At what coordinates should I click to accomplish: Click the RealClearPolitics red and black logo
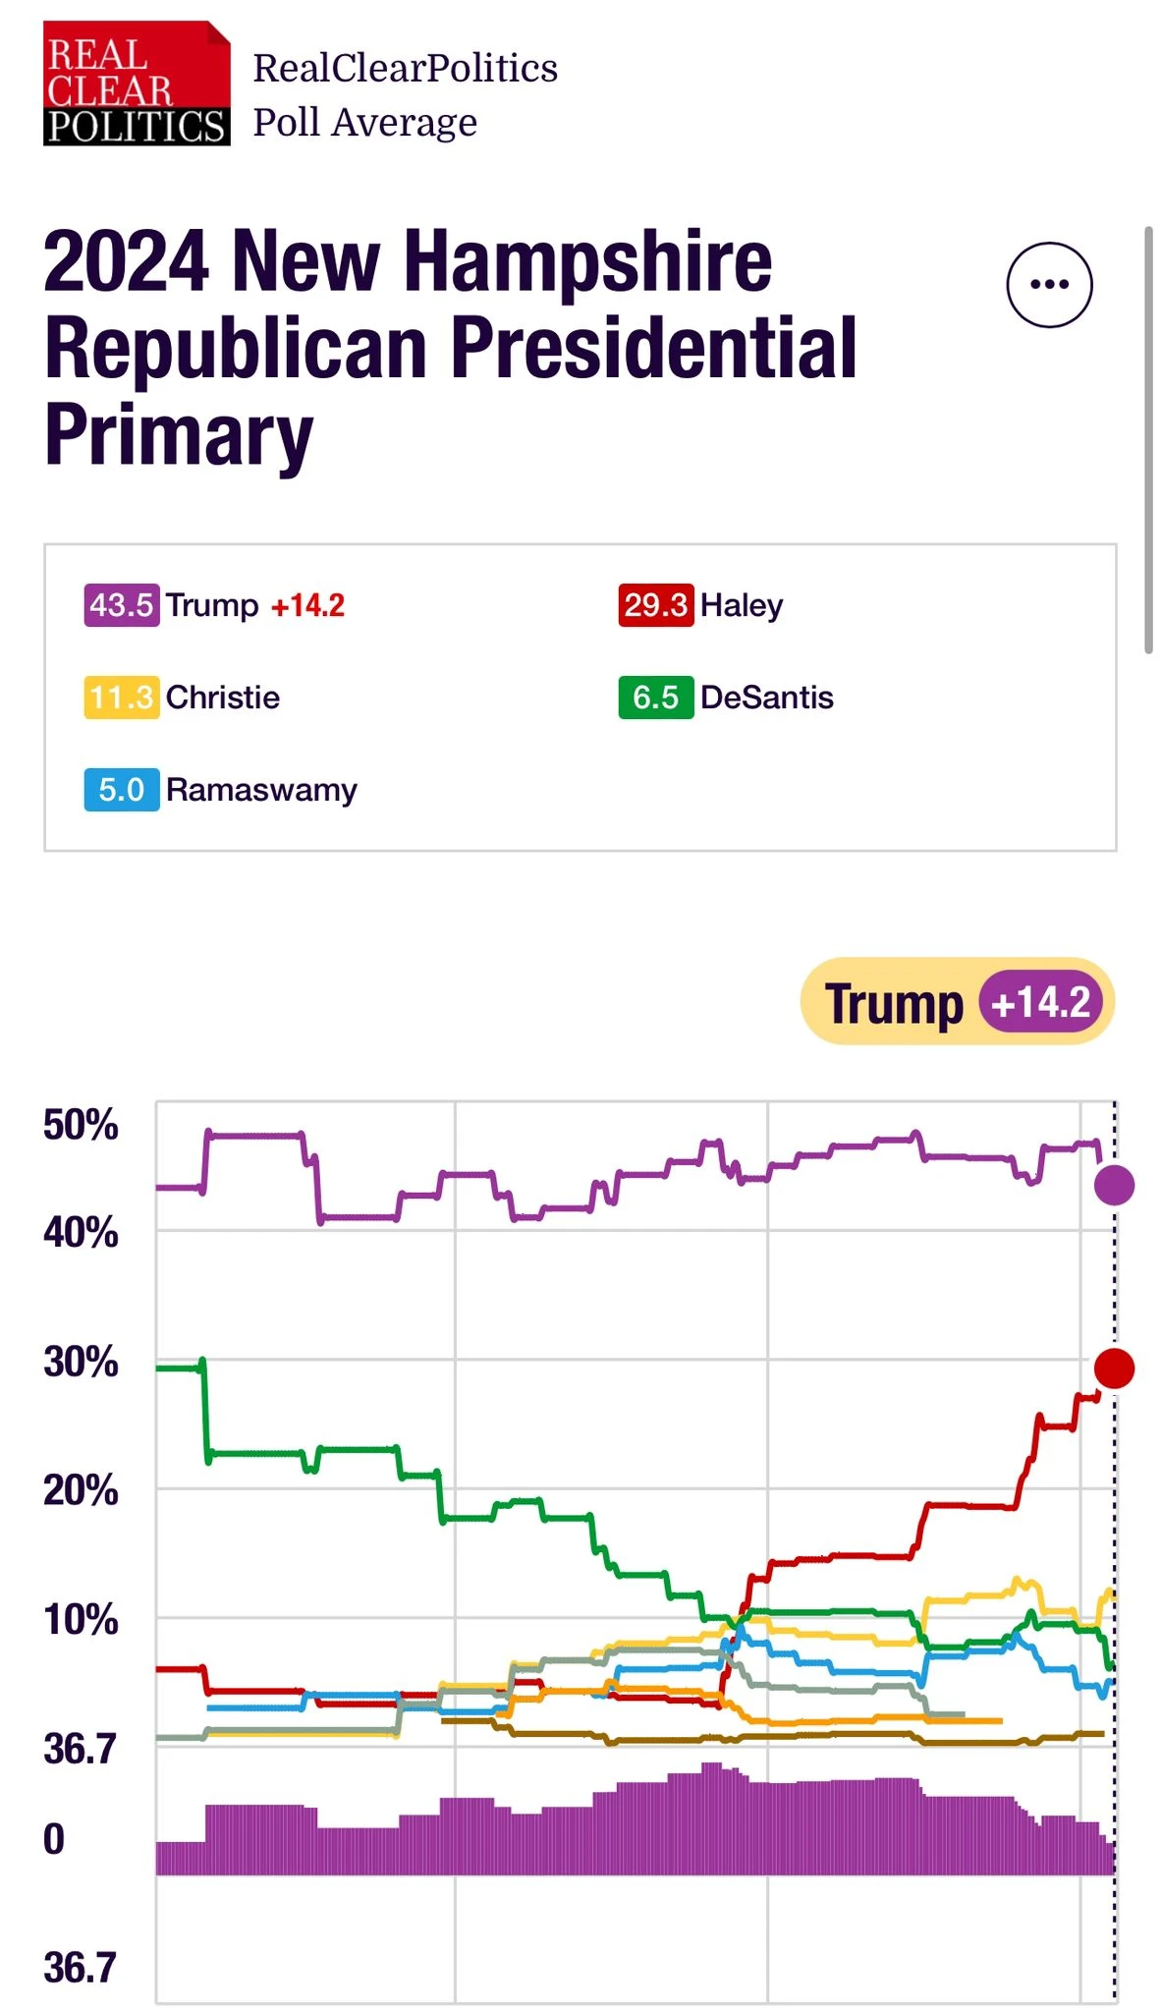pos(137,84)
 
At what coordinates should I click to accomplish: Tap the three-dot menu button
pos(1049,285)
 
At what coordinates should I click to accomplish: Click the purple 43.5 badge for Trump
pos(121,605)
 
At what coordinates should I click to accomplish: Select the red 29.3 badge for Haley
pos(655,605)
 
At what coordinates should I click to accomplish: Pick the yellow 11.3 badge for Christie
pos(121,698)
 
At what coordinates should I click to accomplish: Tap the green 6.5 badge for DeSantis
pos(655,698)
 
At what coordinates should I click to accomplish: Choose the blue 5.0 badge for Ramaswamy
pos(121,790)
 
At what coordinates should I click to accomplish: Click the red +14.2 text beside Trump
pos(307,605)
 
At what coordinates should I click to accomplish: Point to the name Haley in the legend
pos(742,605)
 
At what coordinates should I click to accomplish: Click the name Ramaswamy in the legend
pos(261,790)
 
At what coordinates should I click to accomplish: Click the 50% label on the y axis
pos(81,1125)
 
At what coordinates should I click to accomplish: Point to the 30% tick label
pos(81,1362)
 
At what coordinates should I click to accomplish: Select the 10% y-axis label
pos(81,1620)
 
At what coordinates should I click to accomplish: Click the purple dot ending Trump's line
pos(1114,1185)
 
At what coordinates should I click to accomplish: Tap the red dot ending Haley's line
pos(1114,1368)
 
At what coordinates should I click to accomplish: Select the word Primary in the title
pos(179,434)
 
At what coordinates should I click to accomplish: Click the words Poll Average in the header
pos(364,123)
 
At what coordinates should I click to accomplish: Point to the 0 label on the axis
pos(54,1839)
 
